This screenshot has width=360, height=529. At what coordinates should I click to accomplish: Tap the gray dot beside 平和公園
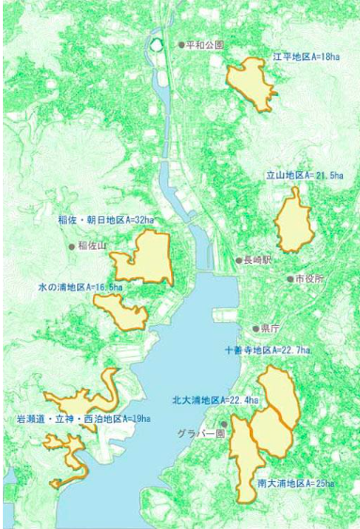coord(181,44)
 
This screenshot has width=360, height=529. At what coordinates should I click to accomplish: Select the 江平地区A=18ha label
coord(305,56)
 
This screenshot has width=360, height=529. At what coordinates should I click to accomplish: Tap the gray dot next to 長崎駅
coord(239,259)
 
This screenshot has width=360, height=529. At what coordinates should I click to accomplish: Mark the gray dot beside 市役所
coord(290,279)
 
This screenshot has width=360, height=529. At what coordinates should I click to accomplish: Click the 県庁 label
coord(271,329)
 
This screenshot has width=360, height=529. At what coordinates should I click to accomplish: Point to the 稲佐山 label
coord(93,246)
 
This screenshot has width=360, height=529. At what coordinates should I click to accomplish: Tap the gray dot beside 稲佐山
coord(71,246)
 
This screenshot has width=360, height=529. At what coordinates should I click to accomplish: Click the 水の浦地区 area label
coord(80,286)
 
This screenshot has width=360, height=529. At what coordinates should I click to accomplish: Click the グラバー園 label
coord(199,434)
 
